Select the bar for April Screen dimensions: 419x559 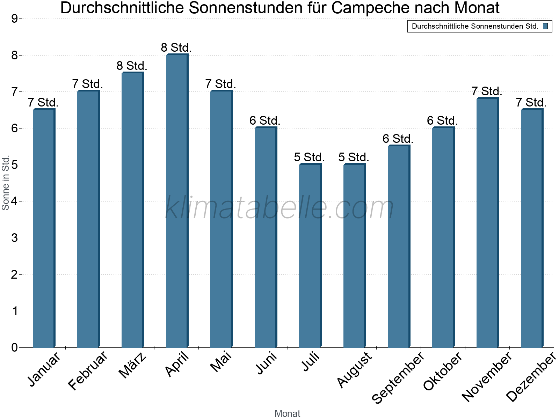177,201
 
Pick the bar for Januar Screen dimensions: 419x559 44,228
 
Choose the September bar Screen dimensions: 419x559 399,247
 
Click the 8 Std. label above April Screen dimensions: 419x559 176,47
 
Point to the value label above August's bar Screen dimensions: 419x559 354,157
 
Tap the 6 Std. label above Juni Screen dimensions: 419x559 265,120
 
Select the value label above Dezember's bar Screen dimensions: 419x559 531,102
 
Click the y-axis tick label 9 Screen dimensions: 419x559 14,19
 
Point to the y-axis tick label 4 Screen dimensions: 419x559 14,201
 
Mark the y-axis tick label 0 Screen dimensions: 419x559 14,347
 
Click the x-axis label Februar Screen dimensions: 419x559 88,371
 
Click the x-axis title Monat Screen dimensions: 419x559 287,413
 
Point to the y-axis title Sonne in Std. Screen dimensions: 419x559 6,183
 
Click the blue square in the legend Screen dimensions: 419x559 545,26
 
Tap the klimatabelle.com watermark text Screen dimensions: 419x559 279,208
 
